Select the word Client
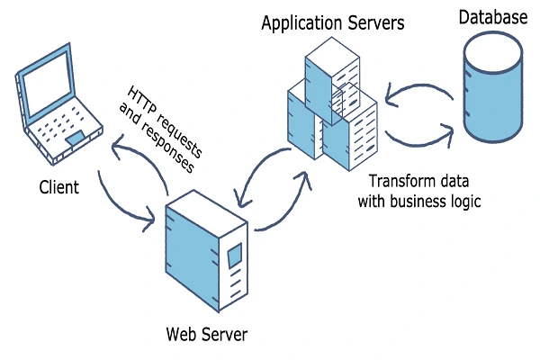(59, 188)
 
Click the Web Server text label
(206, 335)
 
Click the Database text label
(493, 16)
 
